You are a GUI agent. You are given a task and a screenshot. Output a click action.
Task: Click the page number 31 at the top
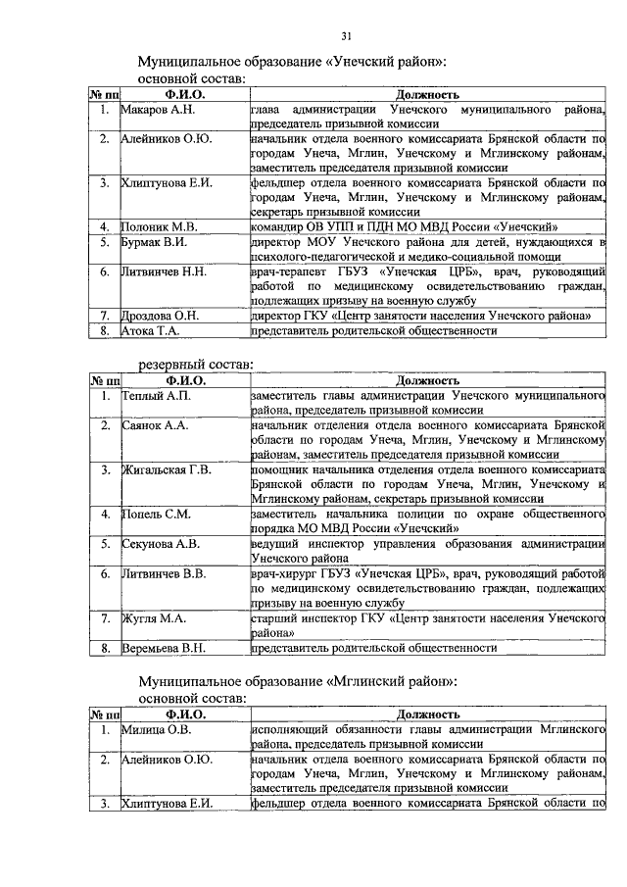(345, 36)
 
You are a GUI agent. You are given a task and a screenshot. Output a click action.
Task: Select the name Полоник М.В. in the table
(159, 225)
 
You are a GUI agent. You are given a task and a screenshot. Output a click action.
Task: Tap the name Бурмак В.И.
(155, 241)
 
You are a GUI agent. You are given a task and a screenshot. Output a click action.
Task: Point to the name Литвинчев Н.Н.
(164, 271)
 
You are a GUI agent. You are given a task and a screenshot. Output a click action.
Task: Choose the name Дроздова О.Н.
(161, 316)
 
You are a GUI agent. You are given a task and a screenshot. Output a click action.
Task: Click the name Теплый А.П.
(156, 396)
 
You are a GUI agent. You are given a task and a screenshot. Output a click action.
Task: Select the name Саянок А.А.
(156, 427)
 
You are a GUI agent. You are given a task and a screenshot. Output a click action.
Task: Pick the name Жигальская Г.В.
(167, 470)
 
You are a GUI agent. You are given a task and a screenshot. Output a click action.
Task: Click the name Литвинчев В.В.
(164, 573)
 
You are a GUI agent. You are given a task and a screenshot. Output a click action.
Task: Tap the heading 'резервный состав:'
(195, 365)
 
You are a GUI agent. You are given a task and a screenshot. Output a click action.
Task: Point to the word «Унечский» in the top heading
(363, 61)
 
